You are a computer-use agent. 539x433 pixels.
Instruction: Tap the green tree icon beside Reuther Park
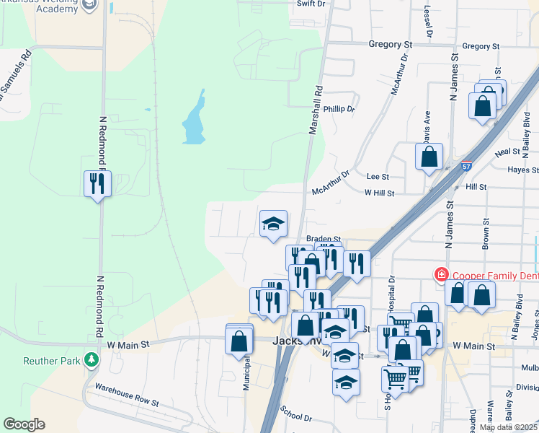[x=91, y=359]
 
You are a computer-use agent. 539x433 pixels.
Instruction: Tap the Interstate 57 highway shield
[x=467, y=165]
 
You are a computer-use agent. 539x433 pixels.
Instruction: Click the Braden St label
[x=323, y=239]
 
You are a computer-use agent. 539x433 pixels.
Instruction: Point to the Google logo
[x=24, y=424]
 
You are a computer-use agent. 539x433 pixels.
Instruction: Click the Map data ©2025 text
[x=507, y=427]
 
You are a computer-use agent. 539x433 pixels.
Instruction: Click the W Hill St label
[x=379, y=193]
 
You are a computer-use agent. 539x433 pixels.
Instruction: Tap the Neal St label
[x=507, y=152]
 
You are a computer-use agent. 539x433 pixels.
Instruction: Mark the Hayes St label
[x=522, y=170]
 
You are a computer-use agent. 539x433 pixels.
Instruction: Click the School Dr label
[x=296, y=417]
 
